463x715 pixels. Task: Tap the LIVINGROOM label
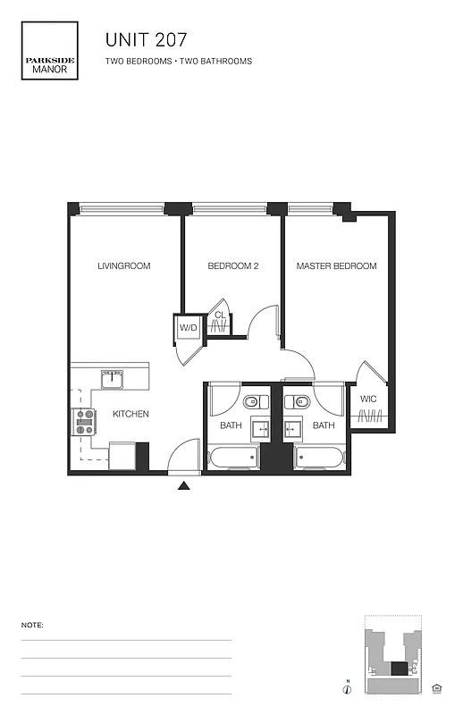pos(124,266)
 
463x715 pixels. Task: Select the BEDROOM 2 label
pos(233,266)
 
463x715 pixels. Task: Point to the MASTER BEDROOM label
pos(336,266)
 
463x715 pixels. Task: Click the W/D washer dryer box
pos(189,328)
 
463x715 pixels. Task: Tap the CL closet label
pos(219,315)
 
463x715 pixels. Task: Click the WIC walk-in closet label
pos(368,399)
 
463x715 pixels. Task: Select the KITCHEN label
pos(130,414)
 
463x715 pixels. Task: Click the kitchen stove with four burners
pos(83,422)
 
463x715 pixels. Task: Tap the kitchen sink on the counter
pos(113,378)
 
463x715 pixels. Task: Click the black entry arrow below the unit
pos(184,486)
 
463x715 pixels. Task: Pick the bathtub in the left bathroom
pos(232,458)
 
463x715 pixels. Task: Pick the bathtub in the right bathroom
pos(320,458)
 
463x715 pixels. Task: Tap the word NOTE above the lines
pos(32,625)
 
